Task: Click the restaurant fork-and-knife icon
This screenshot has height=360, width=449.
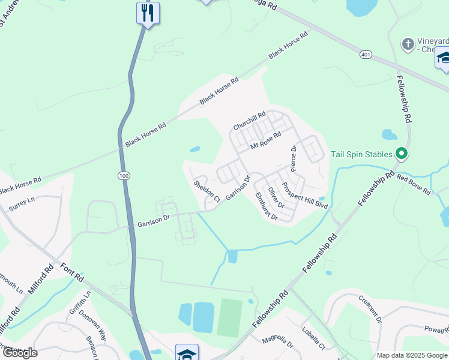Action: [147, 13]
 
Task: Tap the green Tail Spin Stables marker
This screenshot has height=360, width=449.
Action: [401, 154]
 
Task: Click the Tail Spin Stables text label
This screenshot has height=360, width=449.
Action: [362, 154]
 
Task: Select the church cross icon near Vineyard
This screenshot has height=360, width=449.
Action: [408, 44]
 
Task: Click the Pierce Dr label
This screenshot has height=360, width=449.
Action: [294, 157]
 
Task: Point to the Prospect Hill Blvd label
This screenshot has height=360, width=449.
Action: [306, 196]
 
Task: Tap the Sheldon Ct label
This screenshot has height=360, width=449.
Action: [207, 190]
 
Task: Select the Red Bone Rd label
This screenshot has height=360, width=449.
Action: [414, 184]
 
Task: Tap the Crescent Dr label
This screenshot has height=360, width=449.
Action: [370, 308]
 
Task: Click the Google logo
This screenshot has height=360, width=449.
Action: [20, 353]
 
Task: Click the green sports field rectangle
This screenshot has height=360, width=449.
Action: [229, 317]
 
